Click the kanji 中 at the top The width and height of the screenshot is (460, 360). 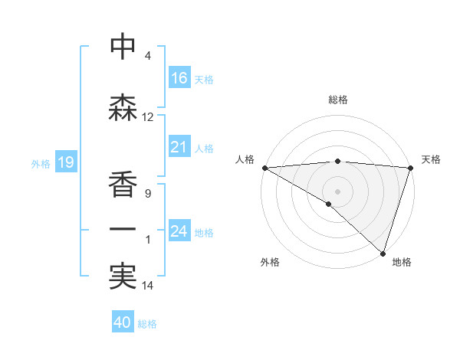123,47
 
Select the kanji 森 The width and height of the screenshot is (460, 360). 123,108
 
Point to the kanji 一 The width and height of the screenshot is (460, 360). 123,229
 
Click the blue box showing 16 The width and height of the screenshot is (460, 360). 179,77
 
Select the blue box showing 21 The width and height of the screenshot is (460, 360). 179,147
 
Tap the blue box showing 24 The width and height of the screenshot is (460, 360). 179,231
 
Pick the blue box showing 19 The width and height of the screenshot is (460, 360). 65,162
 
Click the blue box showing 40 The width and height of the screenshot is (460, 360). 123,322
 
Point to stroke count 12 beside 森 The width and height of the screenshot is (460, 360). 148,117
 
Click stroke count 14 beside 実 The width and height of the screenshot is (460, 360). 148,286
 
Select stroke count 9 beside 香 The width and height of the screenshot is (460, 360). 148,194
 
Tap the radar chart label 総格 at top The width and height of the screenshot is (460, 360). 338,100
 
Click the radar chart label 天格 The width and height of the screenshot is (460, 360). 431,159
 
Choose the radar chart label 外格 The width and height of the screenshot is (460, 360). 270,262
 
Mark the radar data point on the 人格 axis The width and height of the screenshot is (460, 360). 264,168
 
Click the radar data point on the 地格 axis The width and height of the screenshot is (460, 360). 383,253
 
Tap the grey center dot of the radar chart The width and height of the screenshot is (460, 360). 337,191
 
